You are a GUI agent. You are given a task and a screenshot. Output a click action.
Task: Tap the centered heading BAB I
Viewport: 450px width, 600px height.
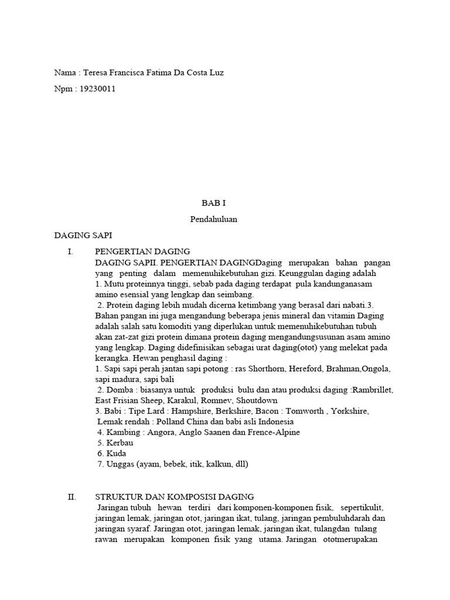click(x=213, y=204)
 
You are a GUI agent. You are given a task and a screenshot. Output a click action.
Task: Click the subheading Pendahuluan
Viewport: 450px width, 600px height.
click(x=213, y=220)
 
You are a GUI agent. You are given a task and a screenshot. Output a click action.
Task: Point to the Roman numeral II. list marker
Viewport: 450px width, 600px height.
click(x=72, y=496)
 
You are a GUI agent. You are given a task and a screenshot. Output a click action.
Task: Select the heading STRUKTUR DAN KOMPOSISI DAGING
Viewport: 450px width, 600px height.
click(x=174, y=496)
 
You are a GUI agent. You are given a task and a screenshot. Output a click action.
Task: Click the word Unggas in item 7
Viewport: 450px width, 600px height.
click(x=120, y=463)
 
